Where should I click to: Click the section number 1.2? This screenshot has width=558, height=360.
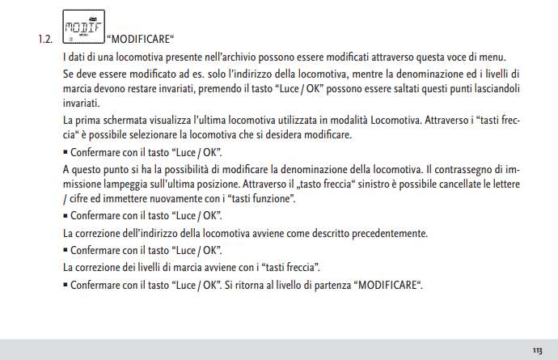point(44,37)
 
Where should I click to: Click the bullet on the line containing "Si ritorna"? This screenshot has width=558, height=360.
point(66,286)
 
